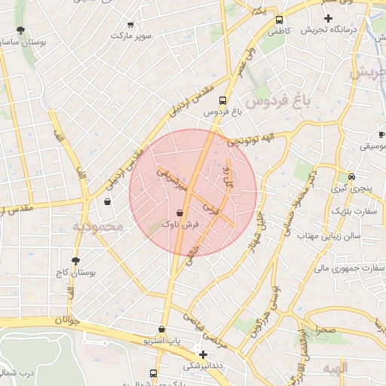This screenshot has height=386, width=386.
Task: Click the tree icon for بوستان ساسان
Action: [20, 32]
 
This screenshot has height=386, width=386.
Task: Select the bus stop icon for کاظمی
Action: [280, 20]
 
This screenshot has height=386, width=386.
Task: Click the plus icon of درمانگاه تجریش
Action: [328, 17]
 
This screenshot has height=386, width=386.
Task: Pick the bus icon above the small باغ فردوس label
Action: [222, 100]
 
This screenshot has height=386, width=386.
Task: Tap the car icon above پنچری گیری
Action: [342, 178]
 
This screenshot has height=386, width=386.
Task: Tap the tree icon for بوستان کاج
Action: [66, 260]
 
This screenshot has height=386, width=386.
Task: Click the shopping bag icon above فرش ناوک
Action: [179, 213]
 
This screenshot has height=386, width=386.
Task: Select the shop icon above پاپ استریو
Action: [161, 329]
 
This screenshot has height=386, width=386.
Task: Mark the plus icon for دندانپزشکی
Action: [202, 354]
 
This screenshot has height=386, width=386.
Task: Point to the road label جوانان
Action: [66, 320]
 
